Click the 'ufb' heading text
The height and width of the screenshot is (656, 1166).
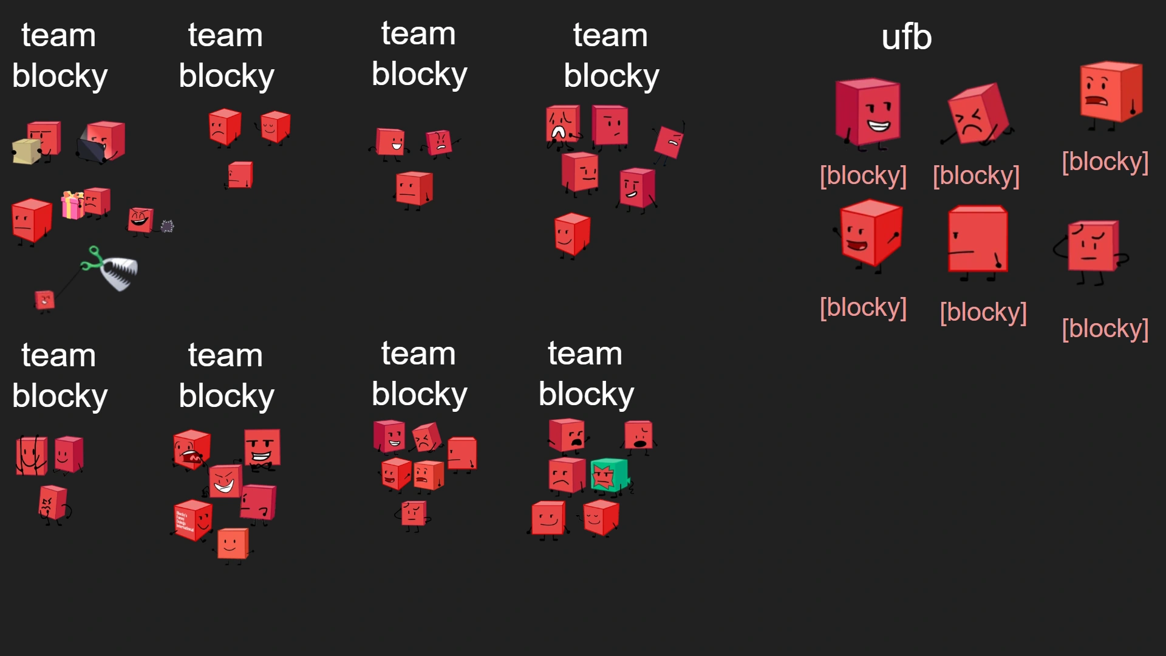pos(906,37)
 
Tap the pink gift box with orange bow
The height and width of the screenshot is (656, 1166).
pos(72,205)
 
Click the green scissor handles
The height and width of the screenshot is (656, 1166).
pos(92,259)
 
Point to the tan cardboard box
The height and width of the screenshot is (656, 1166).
pos(26,151)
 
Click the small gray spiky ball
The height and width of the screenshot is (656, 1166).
pos(167,227)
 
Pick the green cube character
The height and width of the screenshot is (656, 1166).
pos(609,474)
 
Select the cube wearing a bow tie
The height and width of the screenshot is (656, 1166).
pos(262,449)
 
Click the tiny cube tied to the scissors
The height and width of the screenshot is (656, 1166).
pos(44,300)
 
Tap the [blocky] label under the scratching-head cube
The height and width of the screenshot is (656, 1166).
pos(1105,329)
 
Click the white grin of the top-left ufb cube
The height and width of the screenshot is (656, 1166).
pos(878,126)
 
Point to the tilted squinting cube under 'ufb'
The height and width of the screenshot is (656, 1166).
pos(977,115)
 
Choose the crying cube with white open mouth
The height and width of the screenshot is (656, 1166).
pos(562,125)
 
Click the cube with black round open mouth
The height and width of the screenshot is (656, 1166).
pos(638,435)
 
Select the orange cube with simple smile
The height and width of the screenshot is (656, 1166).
pos(233,543)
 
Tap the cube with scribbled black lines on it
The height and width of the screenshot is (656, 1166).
pos(31,455)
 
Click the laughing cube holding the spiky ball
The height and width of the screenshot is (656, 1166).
pos(140,219)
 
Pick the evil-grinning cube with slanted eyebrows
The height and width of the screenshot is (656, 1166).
pos(225,481)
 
